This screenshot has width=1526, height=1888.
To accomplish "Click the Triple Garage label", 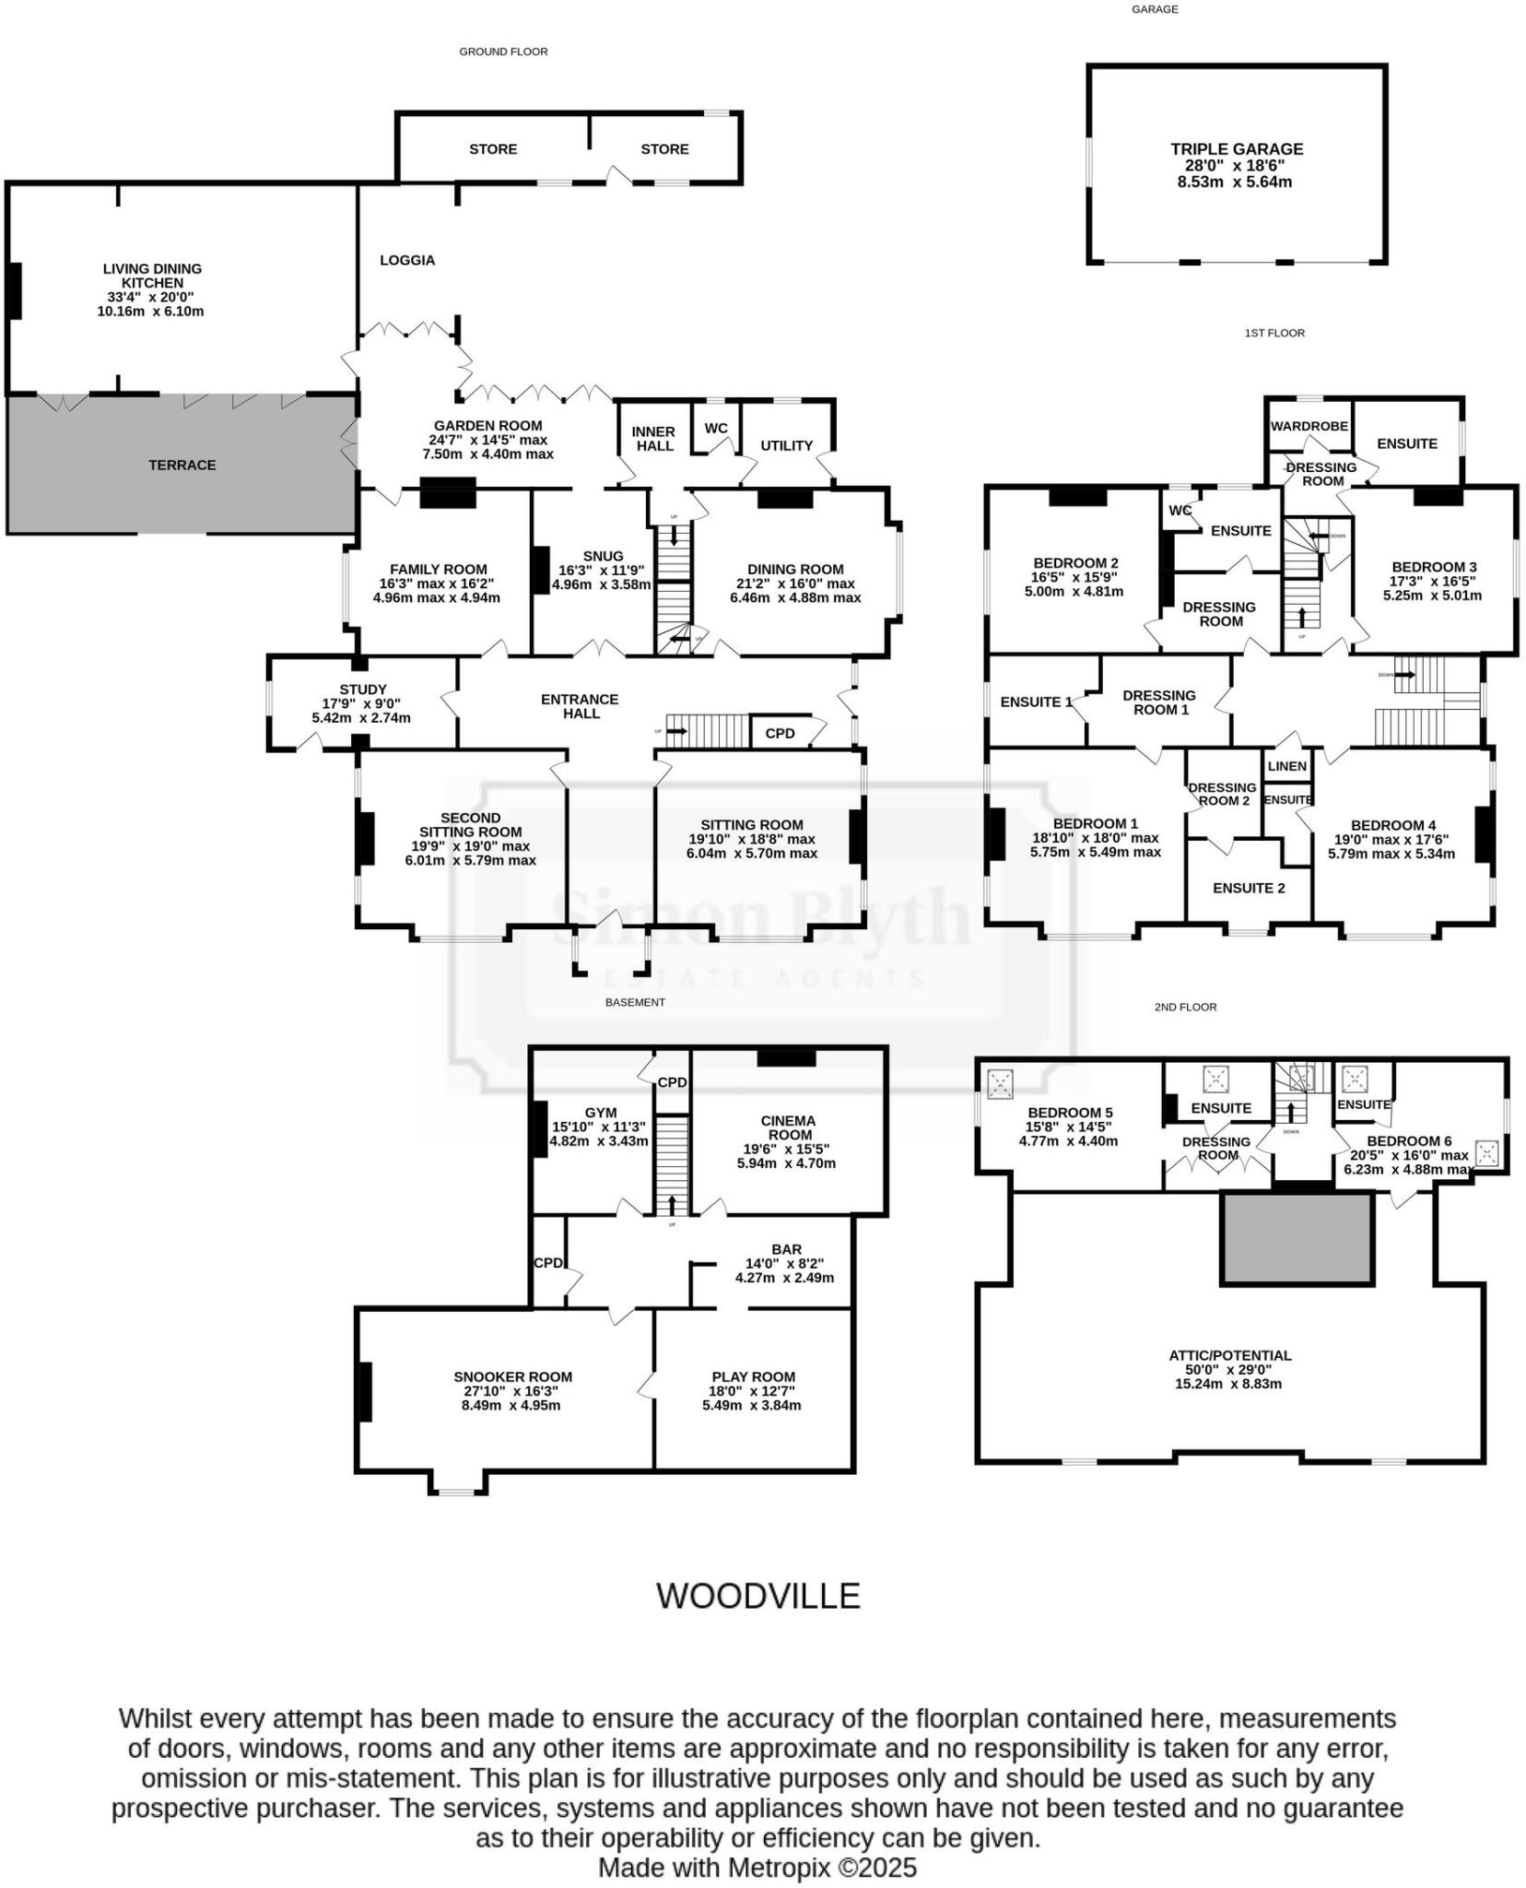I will (1236, 148).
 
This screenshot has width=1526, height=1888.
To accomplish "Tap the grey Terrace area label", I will (182, 465).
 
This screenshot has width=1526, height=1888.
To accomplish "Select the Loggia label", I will (407, 260).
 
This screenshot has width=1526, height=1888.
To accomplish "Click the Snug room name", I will (603, 556).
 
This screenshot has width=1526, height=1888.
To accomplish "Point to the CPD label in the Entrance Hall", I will (780, 733).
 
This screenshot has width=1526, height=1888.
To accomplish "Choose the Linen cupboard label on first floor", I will (1286, 766).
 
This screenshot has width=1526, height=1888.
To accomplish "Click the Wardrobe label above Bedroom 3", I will (1309, 426).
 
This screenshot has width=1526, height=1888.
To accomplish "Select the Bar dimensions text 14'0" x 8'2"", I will (786, 1264).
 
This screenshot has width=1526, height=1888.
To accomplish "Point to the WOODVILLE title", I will (757, 1596).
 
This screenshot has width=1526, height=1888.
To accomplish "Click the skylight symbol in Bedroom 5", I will (999, 1084).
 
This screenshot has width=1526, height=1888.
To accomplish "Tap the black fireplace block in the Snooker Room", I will (365, 1391).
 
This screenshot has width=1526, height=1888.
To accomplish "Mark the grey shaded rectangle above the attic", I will (1297, 1237).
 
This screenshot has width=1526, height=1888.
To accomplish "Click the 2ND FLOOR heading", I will (1185, 1007).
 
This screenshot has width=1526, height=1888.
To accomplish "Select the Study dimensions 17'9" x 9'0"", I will (361, 703).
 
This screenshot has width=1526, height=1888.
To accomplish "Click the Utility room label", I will (786, 445).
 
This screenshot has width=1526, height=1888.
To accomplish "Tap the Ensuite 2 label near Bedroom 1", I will (1248, 888).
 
